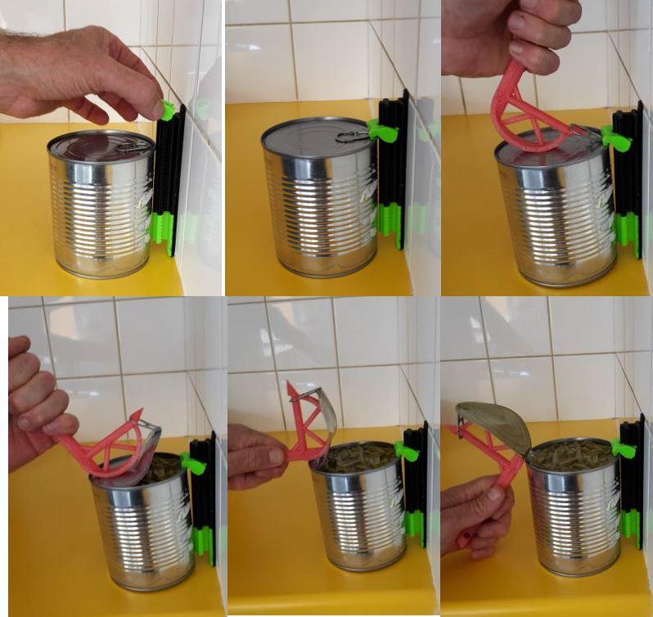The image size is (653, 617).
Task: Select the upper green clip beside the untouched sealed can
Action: tap(382, 131)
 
